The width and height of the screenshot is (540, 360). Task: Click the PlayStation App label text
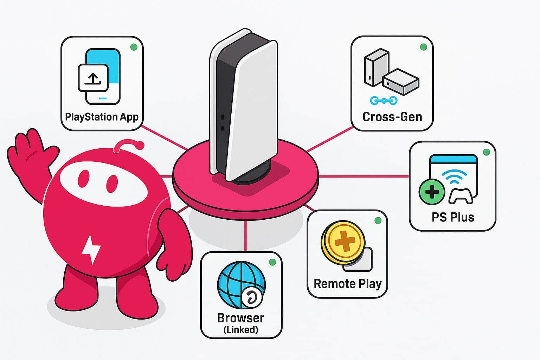click(102, 117)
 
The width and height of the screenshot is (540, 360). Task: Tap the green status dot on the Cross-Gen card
click(424, 47)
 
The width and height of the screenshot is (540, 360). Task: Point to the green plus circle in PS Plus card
click(432, 192)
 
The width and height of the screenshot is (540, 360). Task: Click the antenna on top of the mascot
click(128, 144)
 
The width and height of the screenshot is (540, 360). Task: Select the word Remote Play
click(347, 284)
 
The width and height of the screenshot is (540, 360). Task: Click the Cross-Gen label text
click(392, 117)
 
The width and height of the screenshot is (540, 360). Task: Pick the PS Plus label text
click(453, 217)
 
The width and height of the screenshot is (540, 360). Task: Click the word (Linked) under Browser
click(241, 330)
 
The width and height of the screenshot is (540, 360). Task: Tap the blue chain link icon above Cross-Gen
click(384, 101)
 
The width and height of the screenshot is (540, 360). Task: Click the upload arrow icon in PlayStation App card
click(93, 78)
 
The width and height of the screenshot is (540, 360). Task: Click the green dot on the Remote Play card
click(378, 221)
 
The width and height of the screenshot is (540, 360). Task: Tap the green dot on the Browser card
click(272, 262)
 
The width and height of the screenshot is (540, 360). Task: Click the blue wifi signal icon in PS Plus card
click(456, 175)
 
